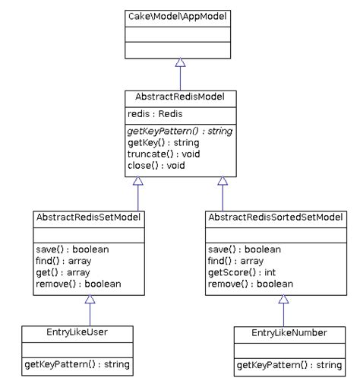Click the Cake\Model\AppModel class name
(180, 16)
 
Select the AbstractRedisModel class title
(180, 98)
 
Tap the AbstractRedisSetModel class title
(89, 217)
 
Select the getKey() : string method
(163, 143)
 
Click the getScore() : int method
(238, 273)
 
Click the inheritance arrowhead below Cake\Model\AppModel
(180, 62)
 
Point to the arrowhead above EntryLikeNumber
(283, 300)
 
